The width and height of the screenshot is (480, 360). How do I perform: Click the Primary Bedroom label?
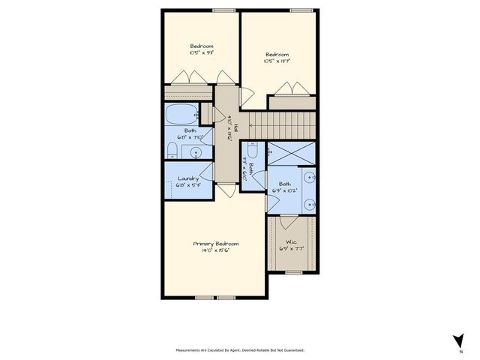click(x=216, y=244)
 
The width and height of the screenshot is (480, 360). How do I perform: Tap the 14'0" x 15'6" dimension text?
click(x=216, y=251)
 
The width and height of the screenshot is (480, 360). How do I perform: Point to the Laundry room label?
click(x=188, y=178)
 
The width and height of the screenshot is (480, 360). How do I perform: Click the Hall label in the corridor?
click(x=235, y=127)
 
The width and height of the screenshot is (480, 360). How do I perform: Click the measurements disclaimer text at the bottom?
click(x=240, y=349)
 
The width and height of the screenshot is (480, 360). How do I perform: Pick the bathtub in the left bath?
click(x=180, y=115)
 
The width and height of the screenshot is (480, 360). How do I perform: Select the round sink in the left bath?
click(x=196, y=153)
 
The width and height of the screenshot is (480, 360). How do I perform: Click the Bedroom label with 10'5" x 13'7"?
click(x=277, y=55)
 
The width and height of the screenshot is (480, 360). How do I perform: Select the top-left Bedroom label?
click(x=201, y=46)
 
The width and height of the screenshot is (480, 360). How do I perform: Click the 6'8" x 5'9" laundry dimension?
click(x=188, y=185)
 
